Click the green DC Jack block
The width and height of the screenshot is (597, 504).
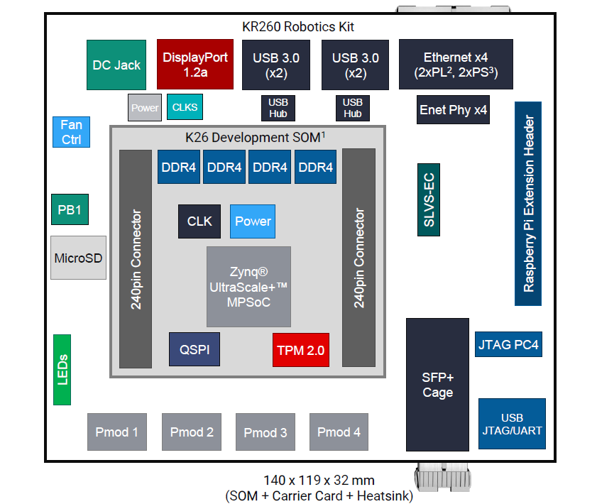[x=116, y=65]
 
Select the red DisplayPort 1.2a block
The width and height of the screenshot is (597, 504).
[x=195, y=64]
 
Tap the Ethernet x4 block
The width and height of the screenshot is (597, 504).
[x=455, y=64]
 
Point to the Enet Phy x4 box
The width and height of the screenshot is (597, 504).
[x=453, y=110]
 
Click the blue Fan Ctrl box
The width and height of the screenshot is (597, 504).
[x=71, y=132]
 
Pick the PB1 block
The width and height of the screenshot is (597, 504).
[x=70, y=209]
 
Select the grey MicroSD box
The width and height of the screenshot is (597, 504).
[x=78, y=257]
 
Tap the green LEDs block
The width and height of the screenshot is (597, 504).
[x=62, y=369]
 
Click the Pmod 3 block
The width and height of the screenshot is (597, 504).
[x=265, y=432]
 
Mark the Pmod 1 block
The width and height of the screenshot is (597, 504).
[x=117, y=432]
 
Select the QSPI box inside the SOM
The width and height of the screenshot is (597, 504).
[x=194, y=349]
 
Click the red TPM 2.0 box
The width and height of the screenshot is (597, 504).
[x=300, y=349]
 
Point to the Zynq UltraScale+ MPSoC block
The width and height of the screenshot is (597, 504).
[x=248, y=287]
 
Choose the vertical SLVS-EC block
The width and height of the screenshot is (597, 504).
[x=429, y=200]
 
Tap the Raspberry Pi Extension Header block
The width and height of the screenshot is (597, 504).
[x=528, y=204]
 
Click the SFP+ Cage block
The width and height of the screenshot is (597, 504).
[x=437, y=384]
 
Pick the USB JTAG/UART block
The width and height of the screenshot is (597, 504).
[x=512, y=423]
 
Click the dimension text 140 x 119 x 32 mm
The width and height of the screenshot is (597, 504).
[x=318, y=481]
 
